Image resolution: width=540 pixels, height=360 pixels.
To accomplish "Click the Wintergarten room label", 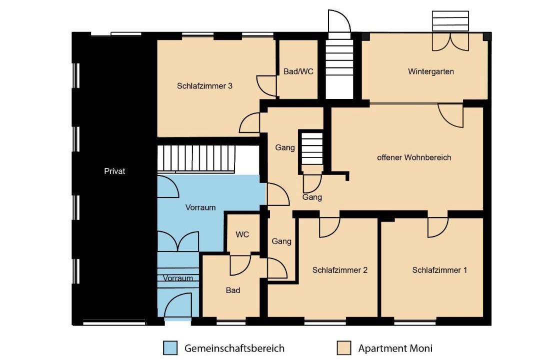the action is click(431, 71).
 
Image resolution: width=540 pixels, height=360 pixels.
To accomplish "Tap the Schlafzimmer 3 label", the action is click(204, 86).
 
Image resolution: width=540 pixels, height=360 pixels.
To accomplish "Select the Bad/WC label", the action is click(298, 71).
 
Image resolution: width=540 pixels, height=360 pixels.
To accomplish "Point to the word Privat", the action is click(114, 171).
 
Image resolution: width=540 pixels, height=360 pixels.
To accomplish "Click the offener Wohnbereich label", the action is click(414, 157).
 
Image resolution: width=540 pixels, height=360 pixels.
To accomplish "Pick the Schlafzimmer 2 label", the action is click(340, 270).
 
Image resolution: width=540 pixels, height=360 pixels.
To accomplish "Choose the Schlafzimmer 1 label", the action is click(439, 270).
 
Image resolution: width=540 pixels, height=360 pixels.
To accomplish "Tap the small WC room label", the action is click(242, 234).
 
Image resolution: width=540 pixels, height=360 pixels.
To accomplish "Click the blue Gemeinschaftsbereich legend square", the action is click(170, 348).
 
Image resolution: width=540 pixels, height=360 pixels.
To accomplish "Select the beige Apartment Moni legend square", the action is click(344, 348).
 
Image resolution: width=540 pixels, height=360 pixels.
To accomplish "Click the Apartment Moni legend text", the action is click(395, 348).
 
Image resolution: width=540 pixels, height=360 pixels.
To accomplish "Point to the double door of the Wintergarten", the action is click(450, 42).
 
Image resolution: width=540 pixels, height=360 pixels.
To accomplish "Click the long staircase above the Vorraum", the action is click(196, 158).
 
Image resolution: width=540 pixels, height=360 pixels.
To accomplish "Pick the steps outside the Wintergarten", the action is click(450, 21).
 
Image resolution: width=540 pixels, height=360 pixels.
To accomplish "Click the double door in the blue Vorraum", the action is click(178, 241).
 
